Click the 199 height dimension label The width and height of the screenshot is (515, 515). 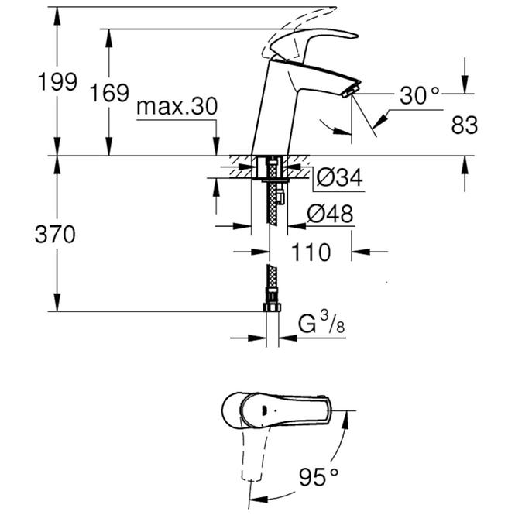pos(58,81)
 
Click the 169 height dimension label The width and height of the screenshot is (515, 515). pos(110,93)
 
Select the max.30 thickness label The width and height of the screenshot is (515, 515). pos(177,106)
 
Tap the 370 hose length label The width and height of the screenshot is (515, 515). pos(55,234)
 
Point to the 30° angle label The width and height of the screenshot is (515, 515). pos(420,95)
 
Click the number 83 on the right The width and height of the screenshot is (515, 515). pos(465,125)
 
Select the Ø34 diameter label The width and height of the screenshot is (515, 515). pos(340,177)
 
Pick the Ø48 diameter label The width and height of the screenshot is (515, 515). pos(330,214)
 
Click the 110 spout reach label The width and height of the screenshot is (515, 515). pos(311,252)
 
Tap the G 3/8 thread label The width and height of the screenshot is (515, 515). pos(321,323)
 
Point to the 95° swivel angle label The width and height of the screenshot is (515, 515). pos(318,477)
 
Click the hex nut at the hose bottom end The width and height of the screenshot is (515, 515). pos(273,307)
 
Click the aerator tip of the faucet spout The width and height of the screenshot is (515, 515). pos(352,91)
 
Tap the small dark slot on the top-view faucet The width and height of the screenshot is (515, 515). pos(264,409)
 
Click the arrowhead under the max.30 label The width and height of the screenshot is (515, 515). pos(216,147)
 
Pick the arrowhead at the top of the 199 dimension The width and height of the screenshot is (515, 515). pos(57,15)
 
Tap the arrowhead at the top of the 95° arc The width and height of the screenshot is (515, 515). pos(345,420)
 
